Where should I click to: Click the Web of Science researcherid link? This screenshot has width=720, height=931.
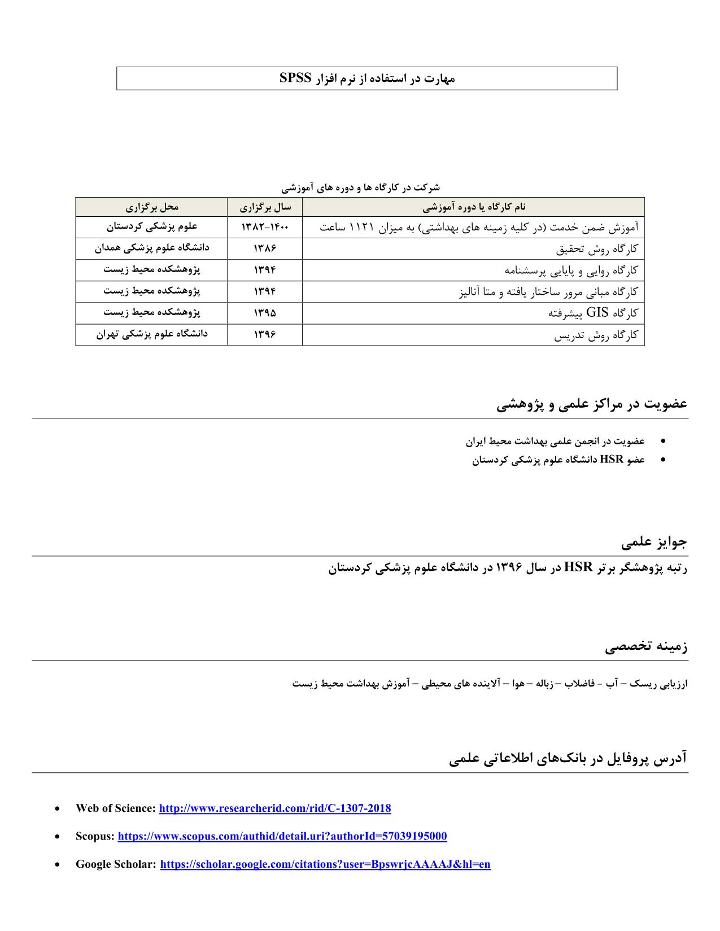275,808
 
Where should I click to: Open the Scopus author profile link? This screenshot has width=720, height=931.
282,836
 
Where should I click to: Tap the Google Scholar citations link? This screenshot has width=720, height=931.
325,864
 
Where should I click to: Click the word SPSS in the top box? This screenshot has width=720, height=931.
295,78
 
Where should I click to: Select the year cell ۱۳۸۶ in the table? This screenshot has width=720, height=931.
265,248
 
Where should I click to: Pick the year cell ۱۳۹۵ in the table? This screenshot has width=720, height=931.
265,313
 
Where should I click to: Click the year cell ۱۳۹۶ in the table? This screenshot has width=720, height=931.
265,334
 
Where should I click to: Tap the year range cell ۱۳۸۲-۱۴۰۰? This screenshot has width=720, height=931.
265,227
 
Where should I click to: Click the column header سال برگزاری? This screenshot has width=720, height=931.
265,207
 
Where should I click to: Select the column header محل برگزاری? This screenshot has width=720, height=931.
151,207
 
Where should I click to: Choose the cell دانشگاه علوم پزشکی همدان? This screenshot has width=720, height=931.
151,248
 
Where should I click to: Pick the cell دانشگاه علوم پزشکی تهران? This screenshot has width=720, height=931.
151,334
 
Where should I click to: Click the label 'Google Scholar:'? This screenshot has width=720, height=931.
116,864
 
